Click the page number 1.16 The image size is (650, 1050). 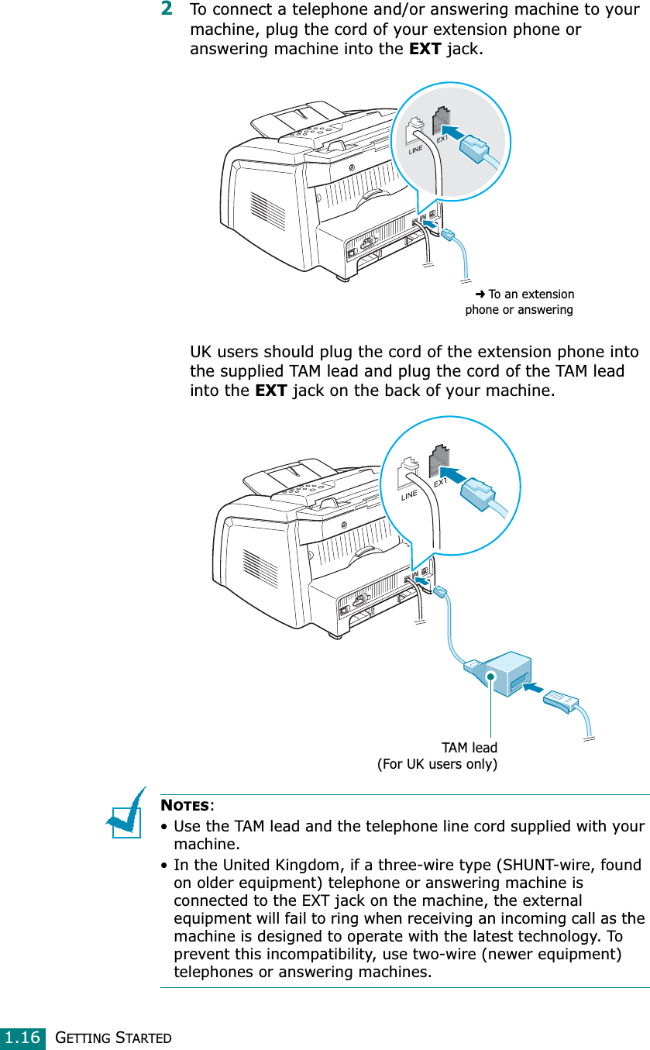click(x=21, y=1037)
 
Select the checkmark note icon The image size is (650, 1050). click(x=127, y=813)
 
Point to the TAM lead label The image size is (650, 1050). click(x=469, y=748)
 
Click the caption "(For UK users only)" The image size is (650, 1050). click(x=437, y=765)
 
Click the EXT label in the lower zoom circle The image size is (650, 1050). click(x=440, y=483)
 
